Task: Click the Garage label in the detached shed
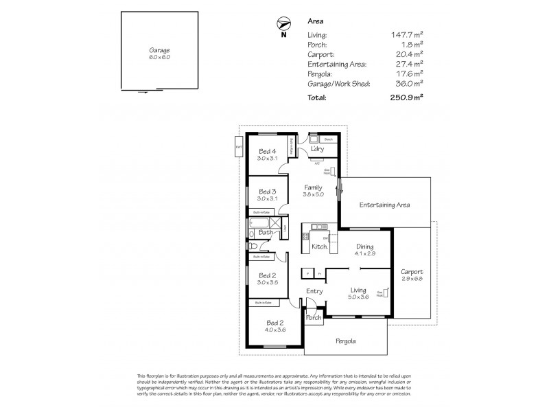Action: coord(159,51)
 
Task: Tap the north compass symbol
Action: coord(283,22)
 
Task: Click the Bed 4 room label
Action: coord(266,151)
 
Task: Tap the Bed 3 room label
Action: coord(266,191)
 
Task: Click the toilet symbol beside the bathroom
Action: coord(252,246)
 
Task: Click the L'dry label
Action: coord(316,150)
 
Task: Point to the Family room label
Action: coord(313,187)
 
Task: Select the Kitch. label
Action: coord(318,246)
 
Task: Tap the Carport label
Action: coord(412,271)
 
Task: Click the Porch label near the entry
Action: coord(314,318)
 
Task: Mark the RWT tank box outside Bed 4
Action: coord(238,148)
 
